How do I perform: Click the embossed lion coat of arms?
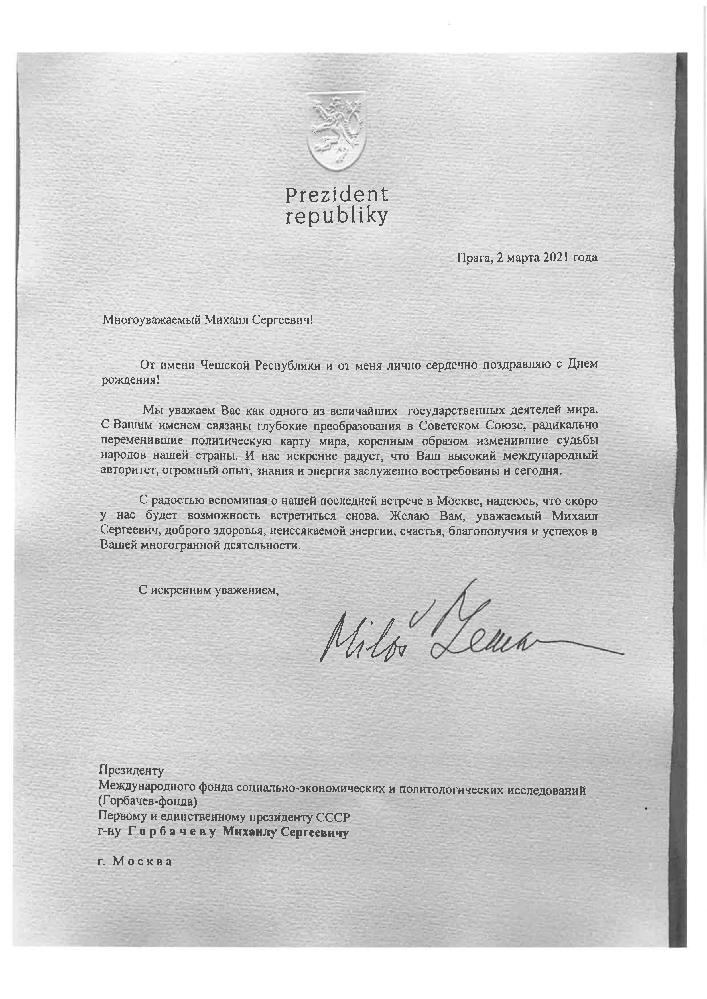(x=336, y=133)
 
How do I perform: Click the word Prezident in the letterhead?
(x=336, y=195)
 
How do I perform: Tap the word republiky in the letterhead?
(x=336, y=217)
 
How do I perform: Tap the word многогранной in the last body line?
(x=179, y=546)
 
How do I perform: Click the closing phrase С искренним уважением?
(x=208, y=590)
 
